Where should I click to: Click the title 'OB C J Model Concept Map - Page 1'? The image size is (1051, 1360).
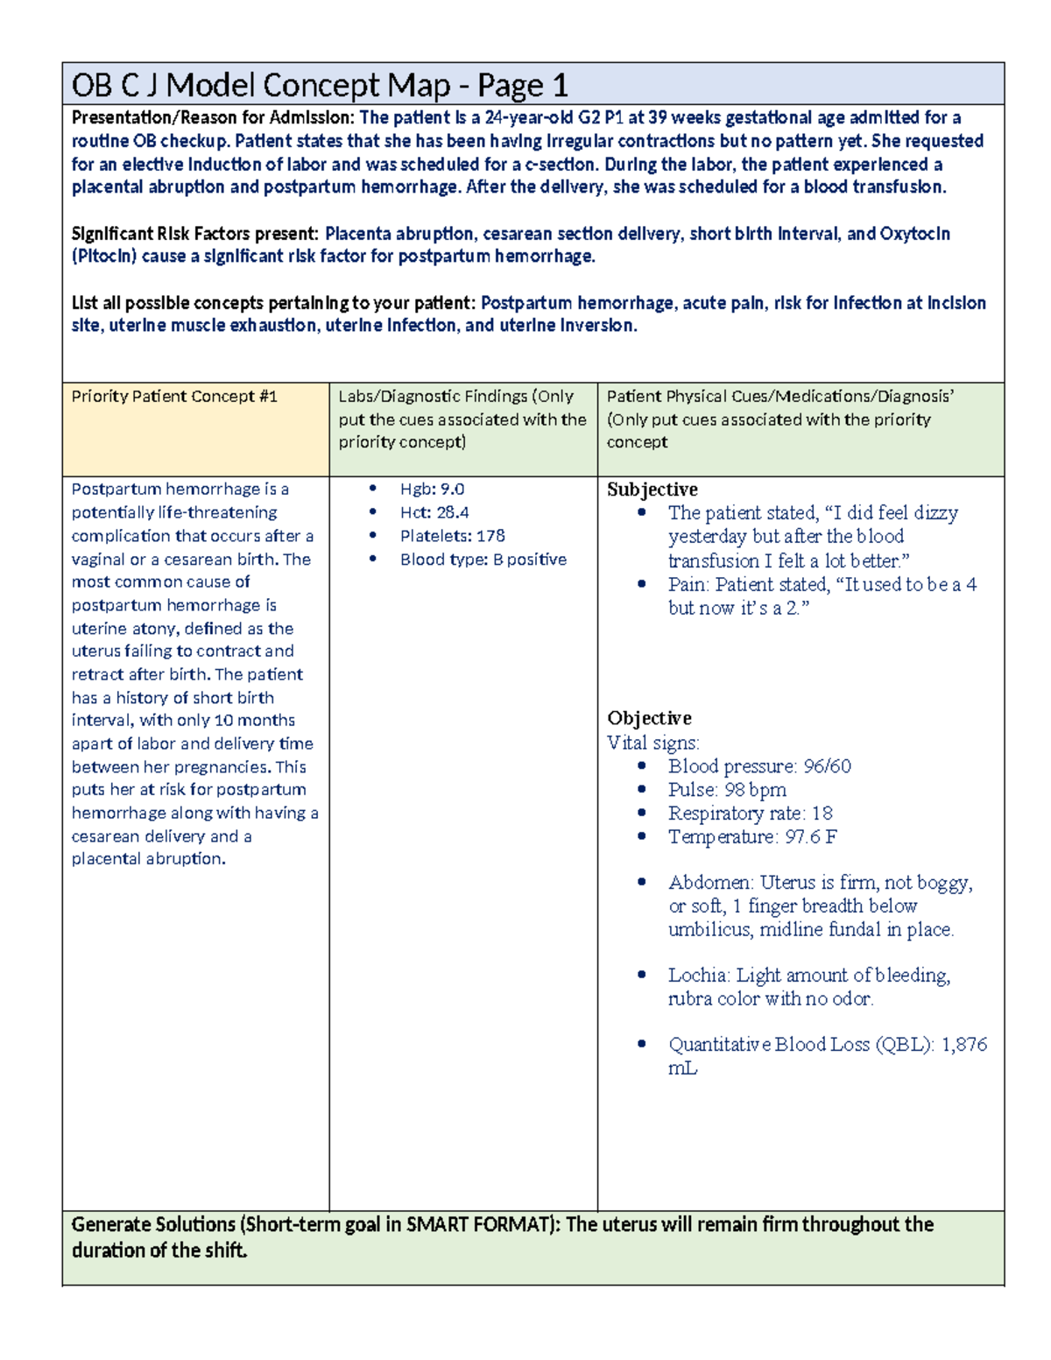point(320,86)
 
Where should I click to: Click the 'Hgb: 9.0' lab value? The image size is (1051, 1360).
point(432,490)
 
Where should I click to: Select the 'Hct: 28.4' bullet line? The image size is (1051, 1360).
point(434,512)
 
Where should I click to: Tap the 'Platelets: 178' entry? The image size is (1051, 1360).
point(452,536)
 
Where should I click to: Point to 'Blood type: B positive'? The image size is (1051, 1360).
point(483,560)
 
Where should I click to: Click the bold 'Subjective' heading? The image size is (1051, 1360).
point(652,490)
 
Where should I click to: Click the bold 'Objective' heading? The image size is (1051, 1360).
point(649,718)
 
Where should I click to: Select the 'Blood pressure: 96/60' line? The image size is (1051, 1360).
point(758,766)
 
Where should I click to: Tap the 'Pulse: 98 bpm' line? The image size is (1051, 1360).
point(727,790)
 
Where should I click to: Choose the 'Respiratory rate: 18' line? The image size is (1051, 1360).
point(750,814)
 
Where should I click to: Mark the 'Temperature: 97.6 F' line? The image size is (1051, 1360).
point(751,837)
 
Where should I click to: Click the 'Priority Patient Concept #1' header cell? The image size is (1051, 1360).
point(174,397)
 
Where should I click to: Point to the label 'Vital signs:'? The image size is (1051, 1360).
point(652,743)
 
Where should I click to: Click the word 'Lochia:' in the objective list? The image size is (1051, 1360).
point(699,976)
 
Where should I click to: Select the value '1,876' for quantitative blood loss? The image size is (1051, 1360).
point(963,1045)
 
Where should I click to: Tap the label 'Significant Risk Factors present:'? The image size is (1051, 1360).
point(194,234)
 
